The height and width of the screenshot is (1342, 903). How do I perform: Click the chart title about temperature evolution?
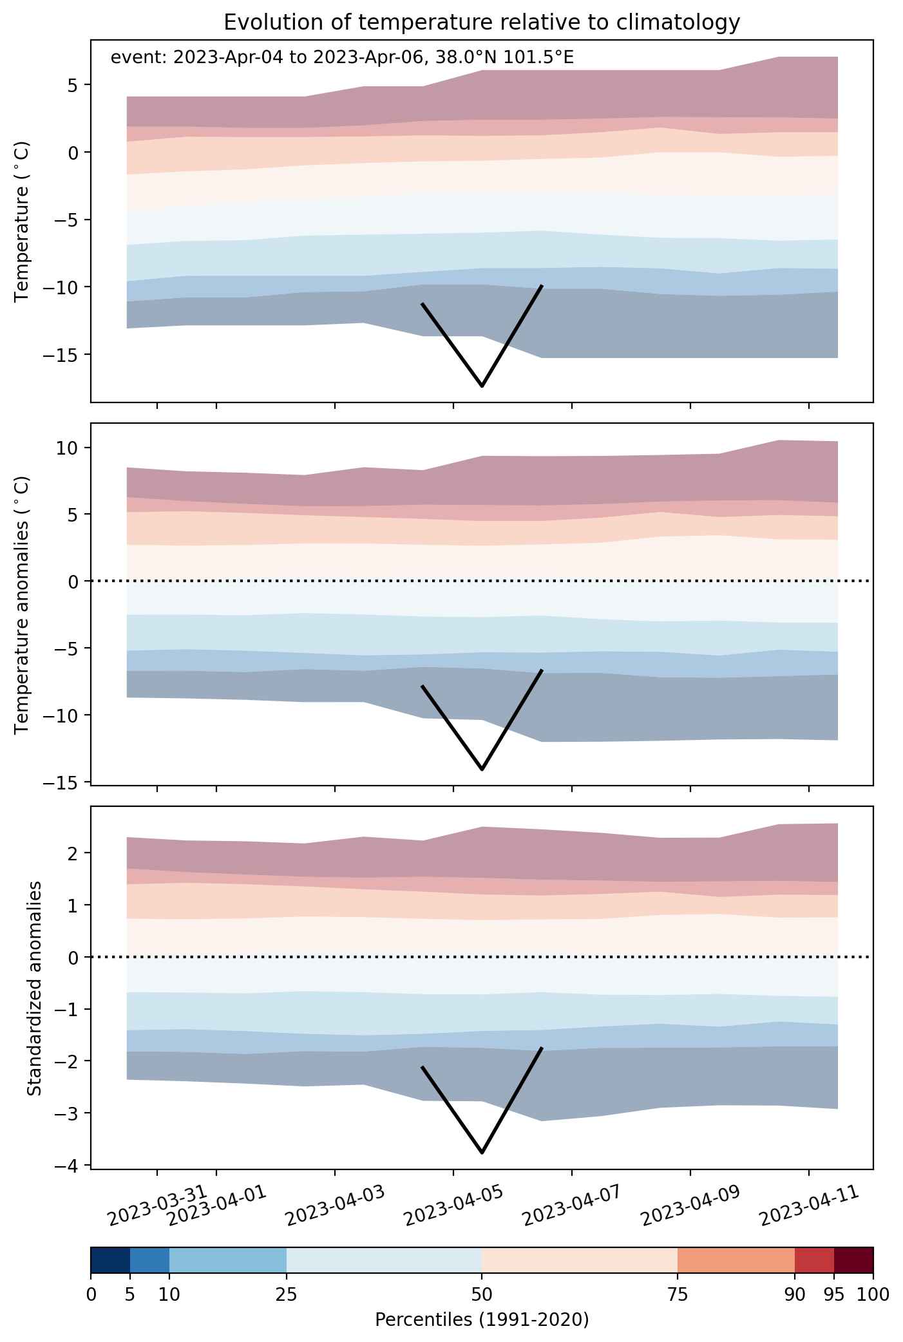tap(482, 23)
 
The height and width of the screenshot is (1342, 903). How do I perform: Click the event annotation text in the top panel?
tap(342, 58)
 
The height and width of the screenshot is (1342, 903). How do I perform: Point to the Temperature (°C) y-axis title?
tap(23, 222)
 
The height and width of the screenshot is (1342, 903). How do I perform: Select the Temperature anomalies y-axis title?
tap(23, 604)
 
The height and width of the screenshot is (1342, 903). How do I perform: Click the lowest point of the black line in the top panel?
tap(482, 386)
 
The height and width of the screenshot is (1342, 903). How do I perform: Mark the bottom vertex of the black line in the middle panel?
tap(482, 769)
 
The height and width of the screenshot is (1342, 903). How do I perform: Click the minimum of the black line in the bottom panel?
tap(482, 1152)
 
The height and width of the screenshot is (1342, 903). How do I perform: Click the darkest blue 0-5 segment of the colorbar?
tap(111, 1260)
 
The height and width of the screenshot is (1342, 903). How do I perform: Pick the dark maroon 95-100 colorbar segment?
tap(853, 1260)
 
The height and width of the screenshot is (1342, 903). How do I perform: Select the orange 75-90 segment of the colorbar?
tap(736, 1260)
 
